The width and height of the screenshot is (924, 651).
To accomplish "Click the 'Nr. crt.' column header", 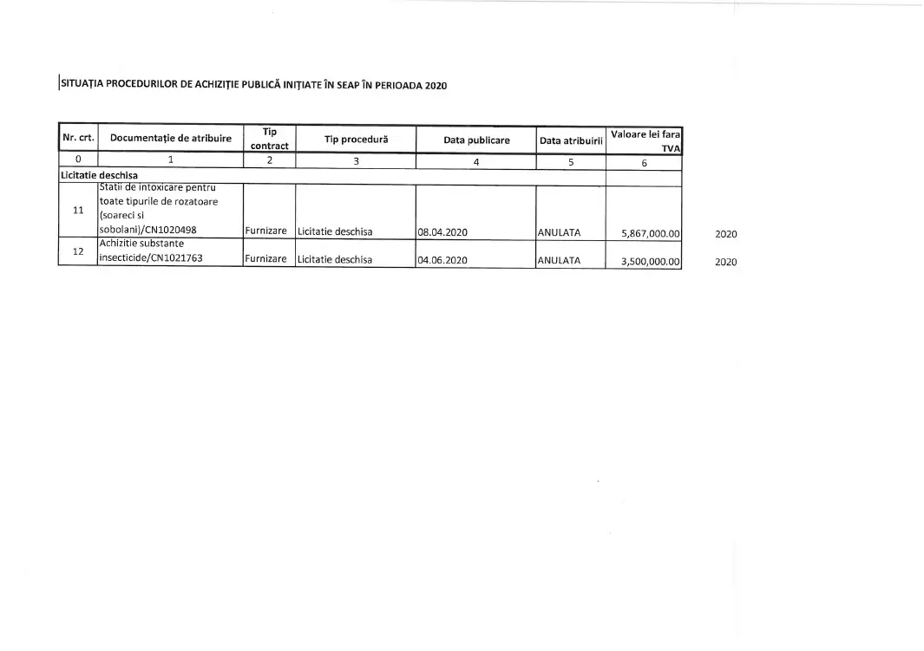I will pyautogui.click(x=78, y=139).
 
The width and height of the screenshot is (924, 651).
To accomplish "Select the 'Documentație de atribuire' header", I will pyautogui.click(x=171, y=139).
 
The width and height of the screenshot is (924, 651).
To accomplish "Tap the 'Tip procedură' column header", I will pyautogui.click(x=356, y=140).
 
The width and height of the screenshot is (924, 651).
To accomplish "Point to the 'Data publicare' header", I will pyautogui.click(x=476, y=140).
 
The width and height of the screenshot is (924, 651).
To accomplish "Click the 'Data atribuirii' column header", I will pyautogui.click(x=571, y=140).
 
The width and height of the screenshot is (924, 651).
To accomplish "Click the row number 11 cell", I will pyautogui.click(x=78, y=211).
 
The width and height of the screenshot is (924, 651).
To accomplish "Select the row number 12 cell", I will pyautogui.click(x=78, y=252).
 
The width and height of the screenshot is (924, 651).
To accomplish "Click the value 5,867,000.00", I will pyautogui.click(x=650, y=233).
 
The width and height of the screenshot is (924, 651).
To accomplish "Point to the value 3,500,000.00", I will pyautogui.click(x=650, y=261).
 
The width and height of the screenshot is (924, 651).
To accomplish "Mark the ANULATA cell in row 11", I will pyautogui.click(x=560, y=232).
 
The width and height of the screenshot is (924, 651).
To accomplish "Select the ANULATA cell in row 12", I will pyautogui.click(x=560, y=260).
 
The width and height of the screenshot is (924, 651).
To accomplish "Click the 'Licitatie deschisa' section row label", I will pyautogui.click(x=99, y=175).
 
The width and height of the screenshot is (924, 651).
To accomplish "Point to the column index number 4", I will pyautogui.click(x=476, y=160).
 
